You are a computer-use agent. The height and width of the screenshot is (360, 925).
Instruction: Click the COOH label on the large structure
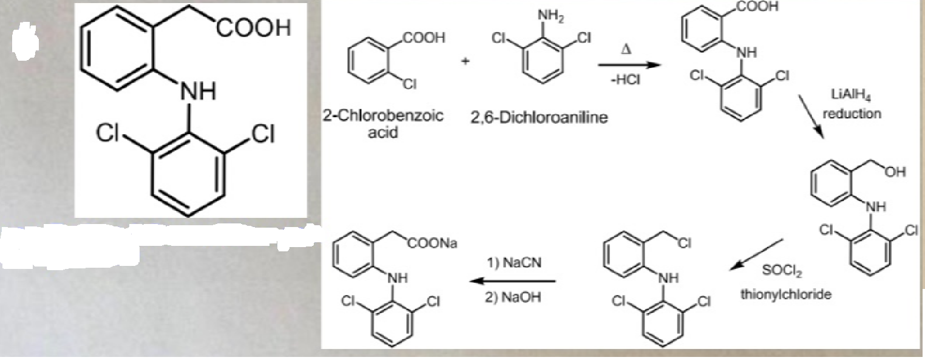click(253, 29)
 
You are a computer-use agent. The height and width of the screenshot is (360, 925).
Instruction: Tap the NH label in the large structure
click(197, 91)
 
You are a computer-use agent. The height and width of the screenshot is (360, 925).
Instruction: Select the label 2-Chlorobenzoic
click(383, 117)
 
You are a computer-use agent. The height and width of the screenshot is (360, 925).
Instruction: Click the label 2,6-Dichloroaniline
click(539, 118)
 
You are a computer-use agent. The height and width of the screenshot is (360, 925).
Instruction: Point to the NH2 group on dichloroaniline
click(551, 18)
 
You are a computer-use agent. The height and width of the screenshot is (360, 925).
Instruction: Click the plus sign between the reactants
click(466, 61)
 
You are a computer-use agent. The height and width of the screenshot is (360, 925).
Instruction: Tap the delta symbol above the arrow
click(626, 50)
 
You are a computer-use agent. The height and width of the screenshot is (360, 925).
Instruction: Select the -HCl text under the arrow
click(626, 80)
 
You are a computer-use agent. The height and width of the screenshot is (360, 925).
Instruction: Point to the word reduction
click(852, 114)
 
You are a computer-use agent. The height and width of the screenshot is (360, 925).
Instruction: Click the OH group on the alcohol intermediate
click(895, 172)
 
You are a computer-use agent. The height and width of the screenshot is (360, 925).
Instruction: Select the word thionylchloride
click(786, 294)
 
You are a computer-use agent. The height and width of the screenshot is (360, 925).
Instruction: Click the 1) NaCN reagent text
click(514, 263)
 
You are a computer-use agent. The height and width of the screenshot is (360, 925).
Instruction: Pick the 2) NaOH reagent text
click(513, 297)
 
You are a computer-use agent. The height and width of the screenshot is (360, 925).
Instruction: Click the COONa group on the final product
click(432, 243)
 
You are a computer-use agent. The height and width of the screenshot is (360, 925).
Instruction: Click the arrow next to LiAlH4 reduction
click(811, 117)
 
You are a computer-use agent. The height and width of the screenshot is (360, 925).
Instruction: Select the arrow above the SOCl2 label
click(756, 254)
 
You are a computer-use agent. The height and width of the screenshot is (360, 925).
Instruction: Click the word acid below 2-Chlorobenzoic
click(383, 133)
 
